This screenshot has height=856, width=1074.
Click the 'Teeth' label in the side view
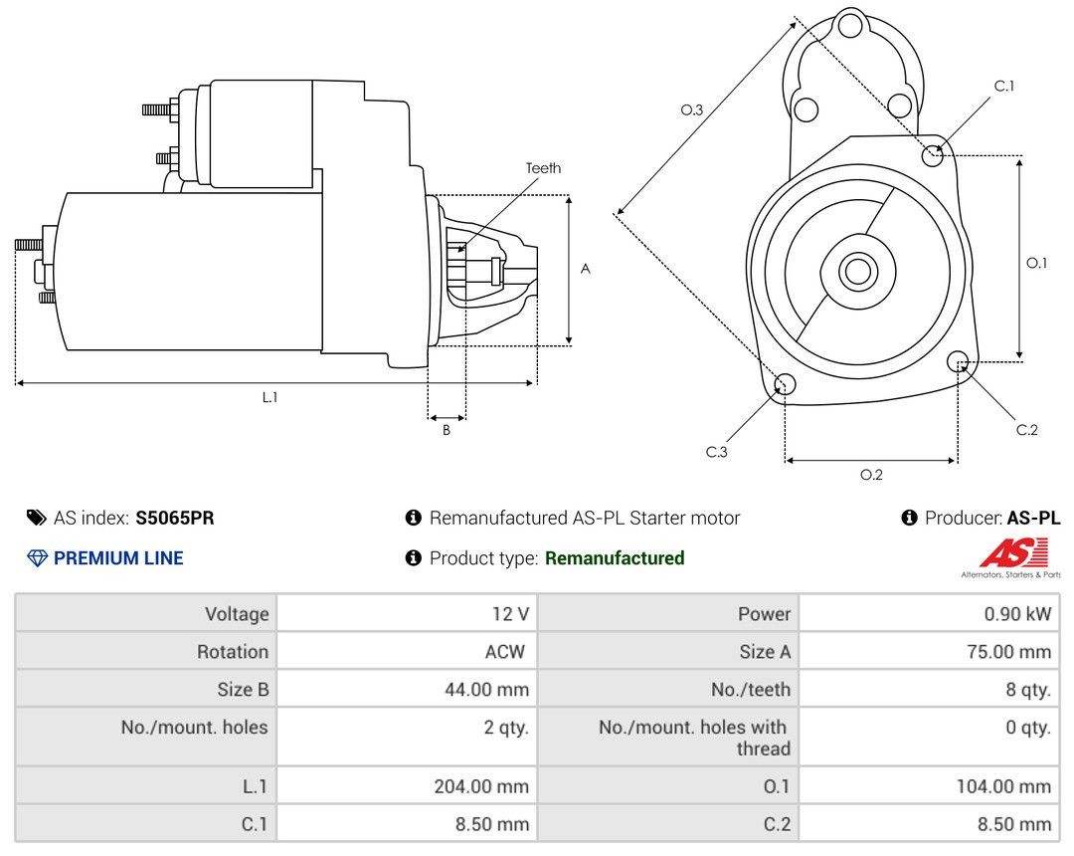click(543, 168)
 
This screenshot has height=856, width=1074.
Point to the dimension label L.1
click(269, 397)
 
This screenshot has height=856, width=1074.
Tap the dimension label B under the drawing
click(447, 430)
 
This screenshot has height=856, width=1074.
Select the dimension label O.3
click(692, 110)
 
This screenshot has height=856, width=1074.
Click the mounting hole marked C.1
click(933, 155)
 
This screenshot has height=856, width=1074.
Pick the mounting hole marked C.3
click(785, 385)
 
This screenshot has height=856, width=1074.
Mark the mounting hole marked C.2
click(958, 360)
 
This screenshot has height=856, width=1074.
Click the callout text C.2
click(1026, 430)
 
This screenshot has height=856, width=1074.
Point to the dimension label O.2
click(871, 475)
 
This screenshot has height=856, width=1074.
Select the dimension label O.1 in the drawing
click(1037, 263)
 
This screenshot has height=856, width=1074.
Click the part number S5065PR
click(175, 518)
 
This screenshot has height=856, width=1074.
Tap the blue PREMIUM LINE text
click(118, 558)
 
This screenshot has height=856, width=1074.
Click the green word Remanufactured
click(615, 558)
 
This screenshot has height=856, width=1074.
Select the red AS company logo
click(1013, 553)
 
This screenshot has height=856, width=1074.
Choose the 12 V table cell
click(509, 614)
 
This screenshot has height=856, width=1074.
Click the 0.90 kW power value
click(1016, 614)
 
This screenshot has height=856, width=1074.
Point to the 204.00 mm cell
click(481, 786)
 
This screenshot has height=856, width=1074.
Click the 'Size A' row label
click(764, 652)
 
